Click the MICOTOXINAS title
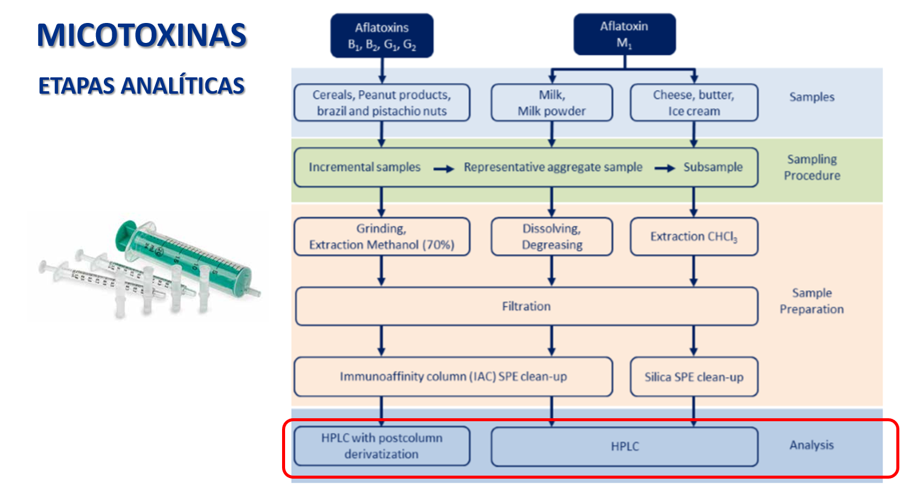[x=141, y=35]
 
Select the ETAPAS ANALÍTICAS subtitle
[x=141, y=86]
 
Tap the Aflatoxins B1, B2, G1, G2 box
[x=382, y=36]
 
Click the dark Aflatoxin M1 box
[x=624, y=34]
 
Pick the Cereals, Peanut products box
[x=382, y=103]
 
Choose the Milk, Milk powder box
[x=551, y=103]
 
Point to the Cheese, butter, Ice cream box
[x=693, y=103]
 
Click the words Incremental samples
[x=364, y=167]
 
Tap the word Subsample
[x=713, y=167]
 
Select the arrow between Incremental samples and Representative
[x=444, y=169]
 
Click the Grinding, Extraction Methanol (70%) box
[x=382, y=237]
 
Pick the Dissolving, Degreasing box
[x=551, y=237]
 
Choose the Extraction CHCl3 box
[x=693, y=237]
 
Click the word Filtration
[x=526, y=306]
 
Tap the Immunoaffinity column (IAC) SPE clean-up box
[x=453, y=377]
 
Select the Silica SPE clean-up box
[x=693, y=377]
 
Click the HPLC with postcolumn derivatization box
[x=382, y=446]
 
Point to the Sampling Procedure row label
[x=812, y=167]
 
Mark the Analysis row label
[x=811, y=445]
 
